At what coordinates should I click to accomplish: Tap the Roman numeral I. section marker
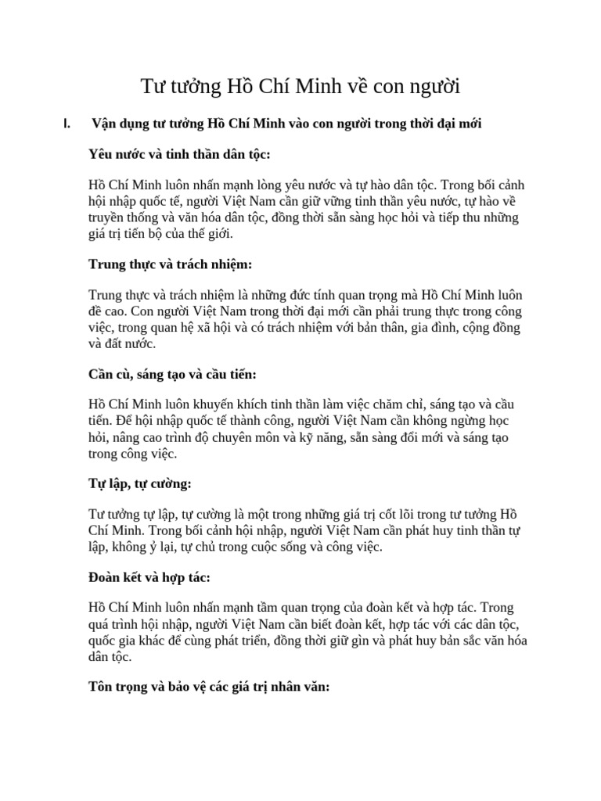click(67, 124)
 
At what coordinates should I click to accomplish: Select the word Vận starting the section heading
click(105, 124)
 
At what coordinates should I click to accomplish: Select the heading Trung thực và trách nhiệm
click(171, 264)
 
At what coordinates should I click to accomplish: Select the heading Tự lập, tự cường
click(140, 483)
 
